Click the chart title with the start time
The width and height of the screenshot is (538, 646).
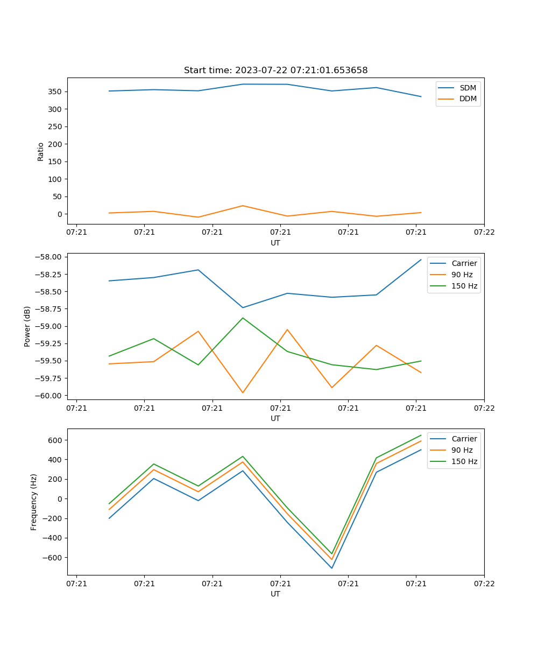275,71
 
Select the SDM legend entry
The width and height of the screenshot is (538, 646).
468,87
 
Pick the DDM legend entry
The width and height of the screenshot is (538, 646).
468,99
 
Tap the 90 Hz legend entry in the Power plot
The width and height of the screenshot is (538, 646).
462,275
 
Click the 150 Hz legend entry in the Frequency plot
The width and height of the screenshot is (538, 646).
464,461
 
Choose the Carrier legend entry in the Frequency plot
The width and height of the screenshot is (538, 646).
464,439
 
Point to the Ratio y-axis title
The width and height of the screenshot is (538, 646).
41,151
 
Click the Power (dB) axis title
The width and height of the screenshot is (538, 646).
27,326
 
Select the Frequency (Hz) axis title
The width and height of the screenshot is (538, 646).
34,502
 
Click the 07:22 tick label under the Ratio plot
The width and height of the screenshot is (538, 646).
484,233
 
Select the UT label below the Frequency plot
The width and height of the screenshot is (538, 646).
275,594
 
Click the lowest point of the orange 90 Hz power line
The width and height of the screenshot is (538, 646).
243,392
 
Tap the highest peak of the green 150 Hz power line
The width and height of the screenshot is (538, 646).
243,318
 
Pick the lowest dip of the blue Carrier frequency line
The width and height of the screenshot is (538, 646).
332,568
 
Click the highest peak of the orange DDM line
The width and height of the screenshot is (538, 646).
243,206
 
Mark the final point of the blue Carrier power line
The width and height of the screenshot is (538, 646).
421,259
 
